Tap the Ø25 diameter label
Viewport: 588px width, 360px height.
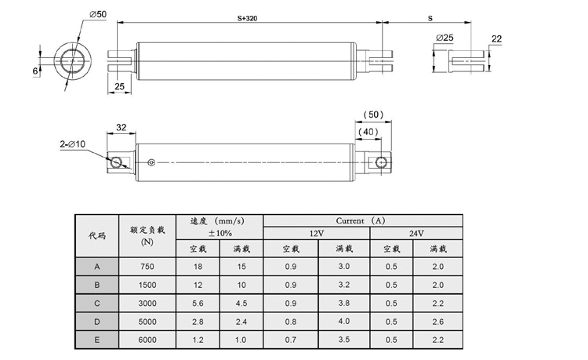(x=445, y=38)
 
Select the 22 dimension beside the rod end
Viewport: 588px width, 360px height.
(x=496, y=38)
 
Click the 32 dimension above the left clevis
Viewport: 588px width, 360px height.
(x=122, y=125)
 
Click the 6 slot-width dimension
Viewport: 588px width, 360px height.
(x=34, y=71)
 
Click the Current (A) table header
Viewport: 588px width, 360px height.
(x=365, y=220)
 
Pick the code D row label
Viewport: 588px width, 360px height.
(x=96, y=322)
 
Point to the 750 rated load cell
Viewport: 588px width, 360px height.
(x=147, y=266)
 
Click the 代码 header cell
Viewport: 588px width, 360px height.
(x=96, y=235)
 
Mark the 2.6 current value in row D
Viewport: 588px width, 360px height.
(x=437, y=322)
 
